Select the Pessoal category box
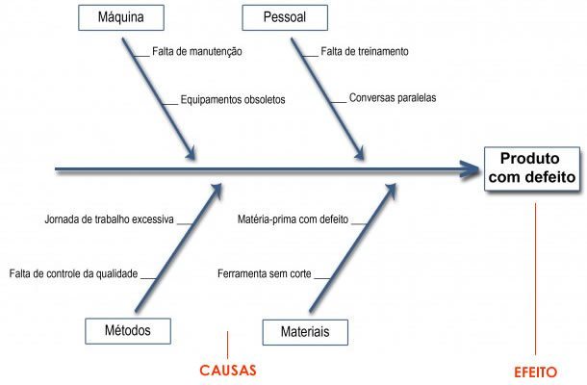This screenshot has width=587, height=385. pyautogui.click(x=284, y=17)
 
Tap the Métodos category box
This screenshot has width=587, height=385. pyautogui.click(x=127, y=330)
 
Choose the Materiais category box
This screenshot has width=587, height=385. pyautogui.click(x=305, y=331)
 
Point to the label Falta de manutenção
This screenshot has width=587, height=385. pyautogui.click(x=196, y=52)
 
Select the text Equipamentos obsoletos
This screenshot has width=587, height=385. pyautogui.click(x=232, y=99)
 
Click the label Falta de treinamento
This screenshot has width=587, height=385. pyautogui.click(x=365, y=52)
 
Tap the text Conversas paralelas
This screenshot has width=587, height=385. pyautogui.click(x=393, y=98)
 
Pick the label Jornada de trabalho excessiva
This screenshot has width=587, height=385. pyautogui.click(x=109, y=219)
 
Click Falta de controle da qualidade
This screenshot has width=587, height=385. pyautogui.click(x=74, y=273)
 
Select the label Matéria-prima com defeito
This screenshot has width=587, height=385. pyautogui.click(x=293, y=219)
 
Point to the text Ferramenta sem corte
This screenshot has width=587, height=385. pyautogui.click(x=264, y=273)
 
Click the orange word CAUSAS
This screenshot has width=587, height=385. pyautogui.click(x=229, y=370)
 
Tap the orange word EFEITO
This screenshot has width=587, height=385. pyautogui.click(x=535, y=372)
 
